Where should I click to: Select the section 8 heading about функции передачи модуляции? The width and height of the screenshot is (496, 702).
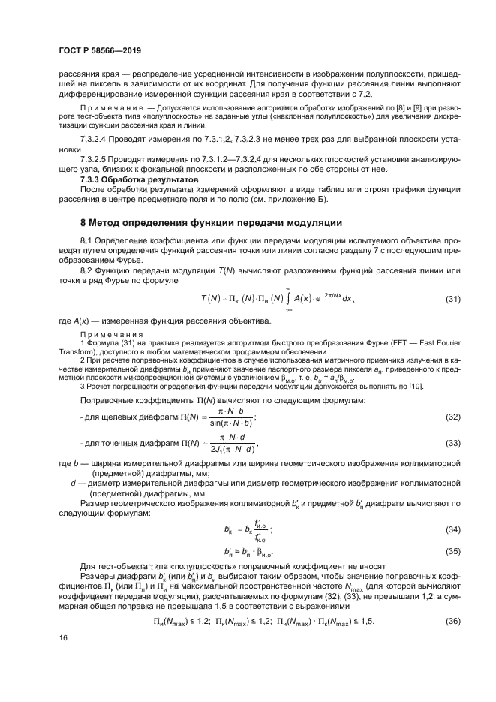212,223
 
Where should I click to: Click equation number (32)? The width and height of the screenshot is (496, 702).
452,417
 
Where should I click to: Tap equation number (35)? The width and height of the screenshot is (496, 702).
452,550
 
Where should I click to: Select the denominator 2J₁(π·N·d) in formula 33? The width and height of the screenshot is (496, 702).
228,449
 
